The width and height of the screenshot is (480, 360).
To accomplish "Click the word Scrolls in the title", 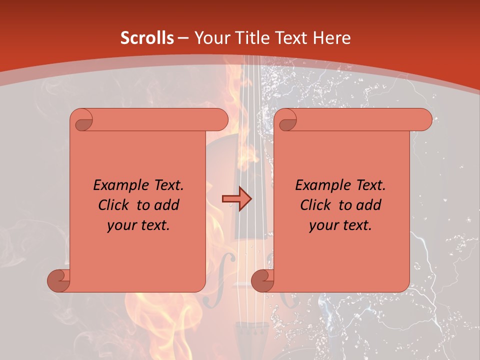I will [147, 38].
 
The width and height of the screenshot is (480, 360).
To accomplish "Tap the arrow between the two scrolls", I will [236, 198].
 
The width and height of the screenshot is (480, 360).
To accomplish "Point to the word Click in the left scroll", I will [115, 205].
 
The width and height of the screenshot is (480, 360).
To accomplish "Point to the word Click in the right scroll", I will [317, 205].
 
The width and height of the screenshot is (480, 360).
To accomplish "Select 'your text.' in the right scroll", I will [340, 225].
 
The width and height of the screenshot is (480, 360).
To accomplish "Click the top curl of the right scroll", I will [287, 120].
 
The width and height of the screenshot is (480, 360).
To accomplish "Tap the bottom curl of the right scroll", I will [262, 280].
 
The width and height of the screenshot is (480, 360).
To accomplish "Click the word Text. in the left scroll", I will [166, 185].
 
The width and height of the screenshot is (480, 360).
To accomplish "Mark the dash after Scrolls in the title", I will [183, 38].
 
